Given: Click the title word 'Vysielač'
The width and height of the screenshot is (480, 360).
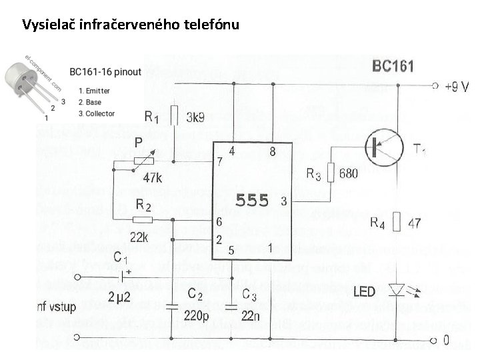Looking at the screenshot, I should (49, 25).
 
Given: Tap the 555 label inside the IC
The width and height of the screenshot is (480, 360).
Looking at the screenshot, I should (253, 200).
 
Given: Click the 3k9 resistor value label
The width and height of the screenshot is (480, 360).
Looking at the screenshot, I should (195, 117).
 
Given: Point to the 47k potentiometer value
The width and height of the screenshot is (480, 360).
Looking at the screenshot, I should (153, 178).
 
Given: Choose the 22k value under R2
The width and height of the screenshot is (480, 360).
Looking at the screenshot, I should (139, 237).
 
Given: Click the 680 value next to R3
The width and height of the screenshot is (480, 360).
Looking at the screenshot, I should (348, 174).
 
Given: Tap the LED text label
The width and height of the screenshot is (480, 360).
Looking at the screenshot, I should (364, 291).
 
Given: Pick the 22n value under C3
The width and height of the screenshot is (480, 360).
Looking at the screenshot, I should (251, 315).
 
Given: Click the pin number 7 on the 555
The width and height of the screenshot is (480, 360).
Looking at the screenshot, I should (219, 162).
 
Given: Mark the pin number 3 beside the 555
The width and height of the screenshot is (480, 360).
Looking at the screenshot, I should (284, 201).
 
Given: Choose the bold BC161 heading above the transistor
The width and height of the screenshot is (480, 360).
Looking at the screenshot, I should (393, 67).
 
